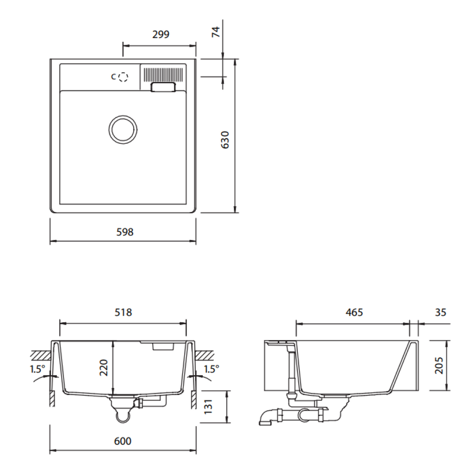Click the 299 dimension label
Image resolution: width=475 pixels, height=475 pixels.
pyautogui.click(x=160, y=34)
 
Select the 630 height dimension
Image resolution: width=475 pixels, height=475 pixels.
pyautogui.click(x=225, y=140)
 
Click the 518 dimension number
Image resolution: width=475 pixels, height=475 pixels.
pyautogui.click(x=123, y=313)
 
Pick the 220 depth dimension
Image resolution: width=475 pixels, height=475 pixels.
pyautogui.click(x=104, y=367)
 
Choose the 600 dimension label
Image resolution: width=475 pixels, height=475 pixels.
pyautogui.click(x=122, y=441)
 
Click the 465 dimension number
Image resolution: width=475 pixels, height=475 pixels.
pyautogui.click(x=354, y=313)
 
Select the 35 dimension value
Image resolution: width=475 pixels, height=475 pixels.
pyautogui.click(x=441, y=313)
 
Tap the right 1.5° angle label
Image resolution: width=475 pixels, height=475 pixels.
pyautogui.click(x=211, y=369)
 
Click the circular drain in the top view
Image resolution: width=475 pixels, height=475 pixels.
pyautogui.click(x=123, y=128)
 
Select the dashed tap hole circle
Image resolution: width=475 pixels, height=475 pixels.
pyautogui.click(x=122, y=77)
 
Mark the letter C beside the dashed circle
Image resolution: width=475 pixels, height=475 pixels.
pyautogui.click(x=113, y=77)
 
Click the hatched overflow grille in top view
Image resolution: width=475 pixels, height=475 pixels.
pyautogui.click(x=163, y=74)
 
